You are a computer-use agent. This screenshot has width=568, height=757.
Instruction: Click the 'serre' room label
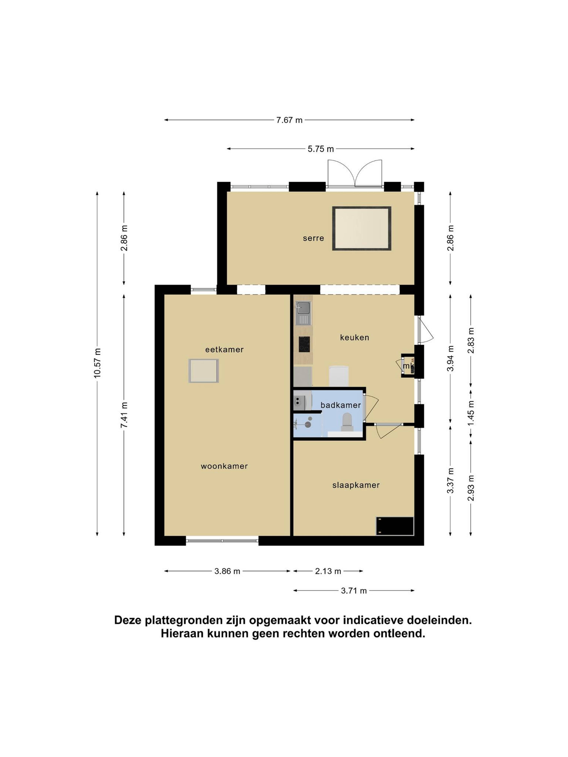313,238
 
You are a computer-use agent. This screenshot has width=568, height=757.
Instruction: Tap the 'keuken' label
354,337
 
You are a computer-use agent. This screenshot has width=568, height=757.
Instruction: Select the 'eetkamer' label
224,349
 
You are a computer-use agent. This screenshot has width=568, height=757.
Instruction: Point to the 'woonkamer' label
224,466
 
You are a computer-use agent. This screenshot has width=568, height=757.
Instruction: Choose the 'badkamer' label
341,405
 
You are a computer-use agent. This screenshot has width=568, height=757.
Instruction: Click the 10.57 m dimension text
98,363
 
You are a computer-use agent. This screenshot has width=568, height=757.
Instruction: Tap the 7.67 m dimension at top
289,120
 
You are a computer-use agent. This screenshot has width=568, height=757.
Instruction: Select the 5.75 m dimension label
321,149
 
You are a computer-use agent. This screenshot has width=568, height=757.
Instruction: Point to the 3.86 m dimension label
227,571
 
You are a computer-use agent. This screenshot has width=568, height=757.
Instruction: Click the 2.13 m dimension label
328,571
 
